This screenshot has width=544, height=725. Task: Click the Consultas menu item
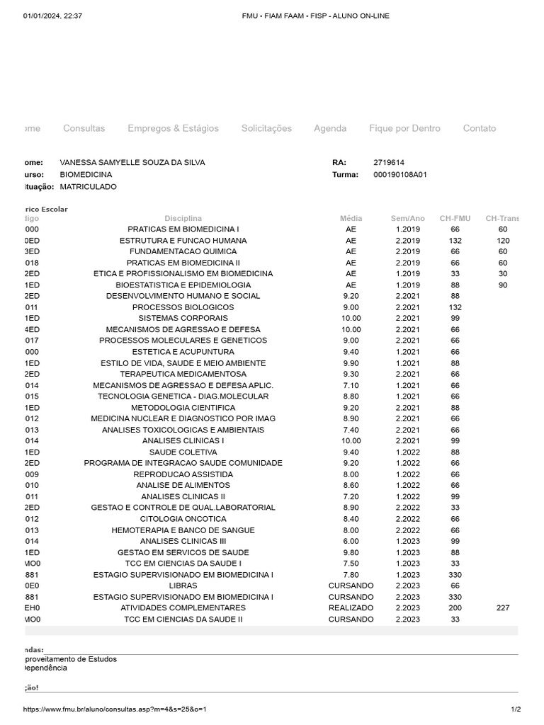[x=84, y=128]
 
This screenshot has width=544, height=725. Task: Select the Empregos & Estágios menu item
[x=173, y=128]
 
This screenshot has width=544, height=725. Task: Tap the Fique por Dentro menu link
[x=404, y=128]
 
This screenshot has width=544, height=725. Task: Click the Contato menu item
[x=480, y=128]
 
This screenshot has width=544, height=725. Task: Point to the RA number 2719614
[x=389, y=163]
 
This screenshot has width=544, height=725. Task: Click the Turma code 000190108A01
[x=399, y=175]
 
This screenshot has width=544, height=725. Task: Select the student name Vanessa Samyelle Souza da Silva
[x=132, y=163]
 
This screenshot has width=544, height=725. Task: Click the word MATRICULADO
[x=89, y=187]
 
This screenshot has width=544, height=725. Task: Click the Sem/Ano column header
[x=407, y=219]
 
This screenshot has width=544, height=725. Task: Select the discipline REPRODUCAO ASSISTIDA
[x=183, y=474]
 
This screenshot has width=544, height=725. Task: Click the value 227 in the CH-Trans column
[x=502, y=608]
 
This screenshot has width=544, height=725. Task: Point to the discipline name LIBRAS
[x=183, y=586]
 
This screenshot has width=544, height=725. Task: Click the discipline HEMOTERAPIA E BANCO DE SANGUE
[x=183, y=530]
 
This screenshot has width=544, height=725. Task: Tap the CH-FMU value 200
[x=455, y=608]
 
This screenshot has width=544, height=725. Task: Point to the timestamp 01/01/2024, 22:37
[x=53, y=16]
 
